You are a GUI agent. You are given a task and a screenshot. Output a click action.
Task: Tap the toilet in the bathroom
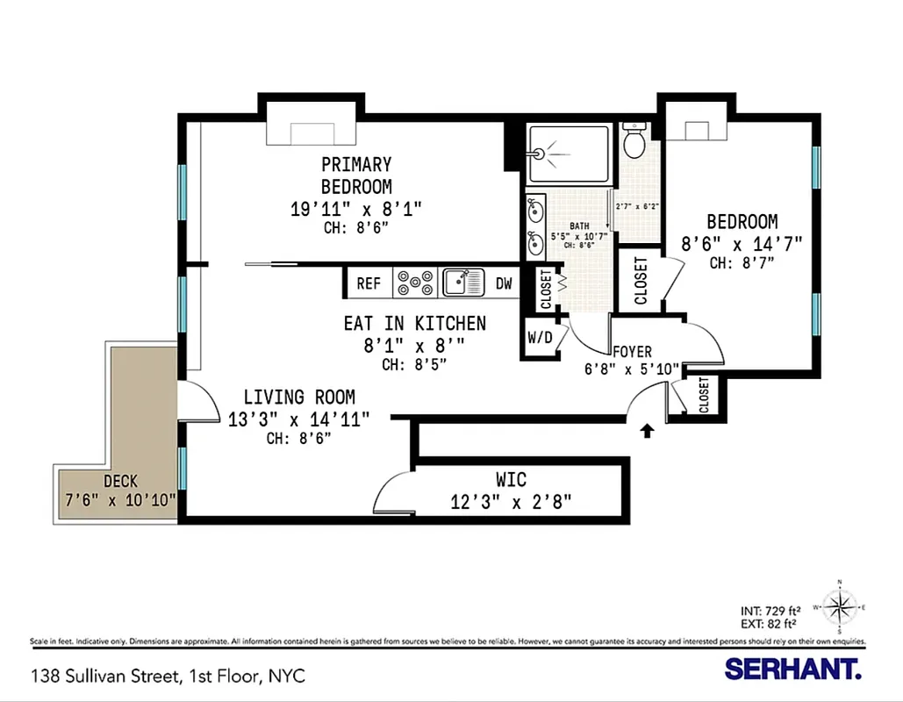634,140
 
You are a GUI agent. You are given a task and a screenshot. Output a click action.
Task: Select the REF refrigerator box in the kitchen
369,283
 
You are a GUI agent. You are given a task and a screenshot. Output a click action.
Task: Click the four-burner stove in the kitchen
415,283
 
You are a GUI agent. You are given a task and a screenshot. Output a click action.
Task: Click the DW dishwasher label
504,283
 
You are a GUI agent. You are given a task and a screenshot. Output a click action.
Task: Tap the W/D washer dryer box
540,338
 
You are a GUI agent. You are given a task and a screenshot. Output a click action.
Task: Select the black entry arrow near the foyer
648,430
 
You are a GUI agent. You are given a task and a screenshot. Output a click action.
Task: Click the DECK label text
120,481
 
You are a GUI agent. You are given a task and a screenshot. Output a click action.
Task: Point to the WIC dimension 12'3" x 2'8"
511,502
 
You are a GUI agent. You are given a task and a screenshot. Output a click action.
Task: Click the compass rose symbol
840,605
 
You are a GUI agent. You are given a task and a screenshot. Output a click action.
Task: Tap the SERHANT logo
792,670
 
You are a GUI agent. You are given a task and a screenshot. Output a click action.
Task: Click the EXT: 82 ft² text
770,624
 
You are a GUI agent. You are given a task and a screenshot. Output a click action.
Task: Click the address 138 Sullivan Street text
168,677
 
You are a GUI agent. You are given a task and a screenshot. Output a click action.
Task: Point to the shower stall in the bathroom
569,154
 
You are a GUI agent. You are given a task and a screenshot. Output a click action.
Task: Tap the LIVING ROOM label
299,397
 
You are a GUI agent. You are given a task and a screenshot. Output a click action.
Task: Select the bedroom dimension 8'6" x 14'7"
742,243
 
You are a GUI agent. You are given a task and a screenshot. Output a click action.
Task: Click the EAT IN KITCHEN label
414,323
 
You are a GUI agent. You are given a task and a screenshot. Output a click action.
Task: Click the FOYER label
632,352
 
